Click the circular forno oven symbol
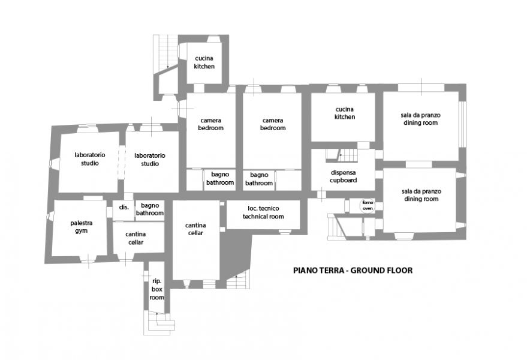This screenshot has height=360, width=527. click(x=368, y=206)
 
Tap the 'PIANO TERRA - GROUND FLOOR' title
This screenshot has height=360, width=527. click(x=353, y=271)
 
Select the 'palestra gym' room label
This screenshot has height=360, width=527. click(x=82, y=227)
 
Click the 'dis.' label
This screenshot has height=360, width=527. click(x=124, y=207)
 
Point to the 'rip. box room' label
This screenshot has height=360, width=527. click(x=156, y=289)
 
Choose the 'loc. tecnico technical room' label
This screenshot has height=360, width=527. click(x=263, y=212)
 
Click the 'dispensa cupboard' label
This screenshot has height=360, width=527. click(x=343, y=176)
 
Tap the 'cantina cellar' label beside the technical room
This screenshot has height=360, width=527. click(x=195, y=229)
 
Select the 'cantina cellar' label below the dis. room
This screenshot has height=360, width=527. click(x=135, y=238)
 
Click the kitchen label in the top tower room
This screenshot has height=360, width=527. click(x=204, y=62)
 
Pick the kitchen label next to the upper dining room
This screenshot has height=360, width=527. click(x=345, y=113)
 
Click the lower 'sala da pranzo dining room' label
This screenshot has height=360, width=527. click(x=421, y=195)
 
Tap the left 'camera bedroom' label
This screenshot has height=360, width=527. click(x=210, y=124)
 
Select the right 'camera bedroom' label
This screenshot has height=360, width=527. click(x=273, y=124)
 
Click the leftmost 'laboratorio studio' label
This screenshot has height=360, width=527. click(x=90, y=159)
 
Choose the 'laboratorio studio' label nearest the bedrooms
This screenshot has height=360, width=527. click(x=150, y=160)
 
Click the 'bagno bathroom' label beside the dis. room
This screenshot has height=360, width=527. click(x=150, y=209)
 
